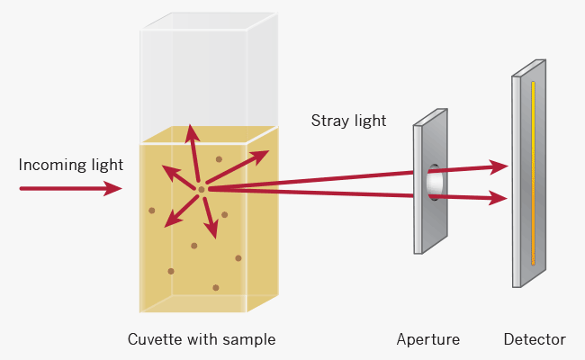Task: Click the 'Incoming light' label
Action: (x=70, y=166)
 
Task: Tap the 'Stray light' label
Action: (x=348, y=120)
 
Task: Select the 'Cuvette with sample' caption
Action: (x=201, y=339)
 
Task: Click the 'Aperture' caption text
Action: (x=427, y=339)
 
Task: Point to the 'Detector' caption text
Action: (x=535, y=339)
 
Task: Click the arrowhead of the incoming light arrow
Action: (x=113, y=188)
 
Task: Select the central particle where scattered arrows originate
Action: (x=202, y=189)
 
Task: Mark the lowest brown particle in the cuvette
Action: (x=216, y=288)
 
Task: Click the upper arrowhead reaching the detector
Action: (x=499, y=166)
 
